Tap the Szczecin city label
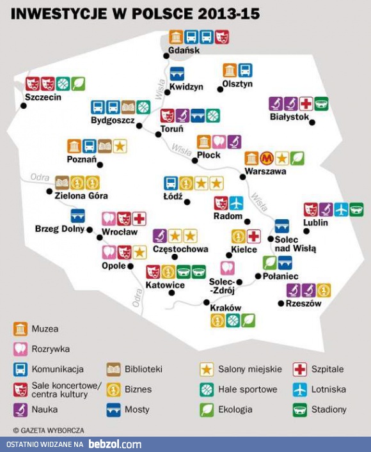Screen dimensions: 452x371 coord(42,97)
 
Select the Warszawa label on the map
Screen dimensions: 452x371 coord(265,171)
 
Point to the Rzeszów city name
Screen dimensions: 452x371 coord(303,304)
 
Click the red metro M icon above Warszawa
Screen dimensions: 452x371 coord(267,158)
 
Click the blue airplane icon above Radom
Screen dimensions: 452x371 coord(237,203)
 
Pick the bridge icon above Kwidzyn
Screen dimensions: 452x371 coord(177,73)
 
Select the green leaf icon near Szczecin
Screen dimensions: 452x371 coord(78,83)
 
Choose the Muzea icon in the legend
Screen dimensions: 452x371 coord(20,329)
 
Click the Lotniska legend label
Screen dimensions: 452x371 coord(329,389)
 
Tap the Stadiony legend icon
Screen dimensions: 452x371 coord(300,409)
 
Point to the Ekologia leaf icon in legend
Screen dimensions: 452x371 coord(207,409)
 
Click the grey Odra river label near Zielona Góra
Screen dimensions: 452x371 coord(40,176)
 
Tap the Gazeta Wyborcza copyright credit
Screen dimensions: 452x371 coord(49,430)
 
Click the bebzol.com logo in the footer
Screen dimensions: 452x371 coord(115,444)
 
